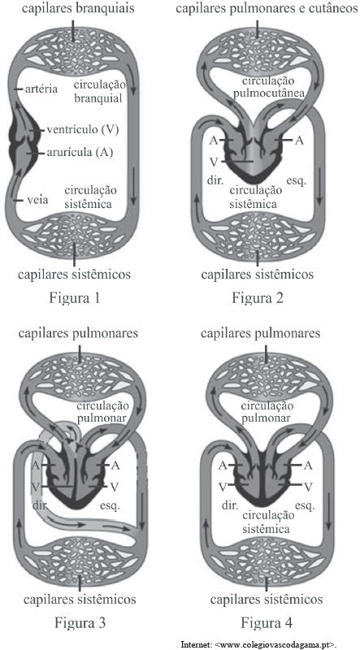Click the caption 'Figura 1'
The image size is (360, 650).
pyautogui.click(x=74, y=298)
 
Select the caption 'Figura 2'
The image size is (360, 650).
pyautogui.click(x=258, y=298)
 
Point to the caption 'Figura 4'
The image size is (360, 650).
pyautogui.click(x=267, y=622)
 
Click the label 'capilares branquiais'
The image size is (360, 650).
pyautogui.click(x=73, y=9)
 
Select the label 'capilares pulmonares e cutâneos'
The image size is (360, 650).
pyautogui.click(x=267, y=9)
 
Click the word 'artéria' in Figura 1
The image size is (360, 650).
pyautogui.click(x=41, y=89)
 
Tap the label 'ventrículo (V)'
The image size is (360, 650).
pyautogui.click(x=83, y=130)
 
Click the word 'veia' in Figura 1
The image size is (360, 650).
pyautogui.click(x=37, y=200)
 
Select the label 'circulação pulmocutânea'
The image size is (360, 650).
pyautogui.click(x=269, y=87)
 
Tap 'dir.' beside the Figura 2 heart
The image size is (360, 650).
pyautogui.click(x=215, y=180)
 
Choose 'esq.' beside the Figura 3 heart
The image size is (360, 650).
pyautogui.click(x=110, y=505)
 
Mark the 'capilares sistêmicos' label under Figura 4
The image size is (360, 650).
pyautogui.click(x=267, y=600)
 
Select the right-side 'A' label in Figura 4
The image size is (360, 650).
pyautogui.click(x=308, y=466)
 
